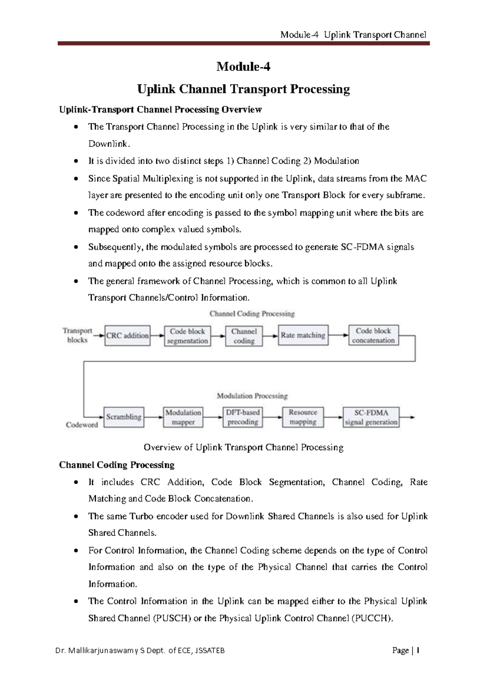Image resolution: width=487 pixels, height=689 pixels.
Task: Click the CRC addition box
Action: (127, 336)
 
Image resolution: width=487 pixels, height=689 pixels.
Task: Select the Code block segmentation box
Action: (187, 336)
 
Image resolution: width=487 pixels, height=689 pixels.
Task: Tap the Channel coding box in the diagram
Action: (244, 336)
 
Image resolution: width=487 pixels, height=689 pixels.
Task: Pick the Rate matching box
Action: (303, 335)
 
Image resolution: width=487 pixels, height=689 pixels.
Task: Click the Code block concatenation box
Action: (373, 336)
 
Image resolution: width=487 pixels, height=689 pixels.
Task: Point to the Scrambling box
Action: (124, 417)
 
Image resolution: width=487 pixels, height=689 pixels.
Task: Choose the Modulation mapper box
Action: (183, 417)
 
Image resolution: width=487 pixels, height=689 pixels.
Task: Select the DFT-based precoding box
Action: (243, 417)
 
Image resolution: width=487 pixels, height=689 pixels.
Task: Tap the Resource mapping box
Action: (303, 417)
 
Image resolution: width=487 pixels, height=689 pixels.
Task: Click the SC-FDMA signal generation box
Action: (371, 417)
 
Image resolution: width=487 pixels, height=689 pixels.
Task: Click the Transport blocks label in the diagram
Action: (77, 335)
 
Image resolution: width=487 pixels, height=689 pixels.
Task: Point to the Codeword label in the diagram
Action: (82, 425)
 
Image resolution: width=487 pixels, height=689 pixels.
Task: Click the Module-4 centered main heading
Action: (243, 67)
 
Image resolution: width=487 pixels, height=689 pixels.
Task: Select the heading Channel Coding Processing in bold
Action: (117, 465)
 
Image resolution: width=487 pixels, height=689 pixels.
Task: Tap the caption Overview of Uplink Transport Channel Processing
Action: (243, 447)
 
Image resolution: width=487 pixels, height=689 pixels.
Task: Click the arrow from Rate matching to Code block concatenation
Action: (338, 335)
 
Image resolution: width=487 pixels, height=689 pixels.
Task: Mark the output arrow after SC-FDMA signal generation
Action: (407, 417)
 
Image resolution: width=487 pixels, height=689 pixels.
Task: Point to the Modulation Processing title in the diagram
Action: (252, 396)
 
